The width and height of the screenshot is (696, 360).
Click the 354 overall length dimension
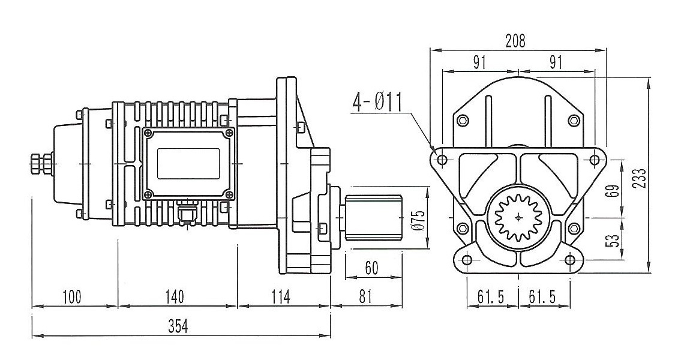[x=178, y=326]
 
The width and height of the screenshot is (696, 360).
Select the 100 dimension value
[x=71, y=296]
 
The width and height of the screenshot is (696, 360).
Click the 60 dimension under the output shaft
[x=371, y=268]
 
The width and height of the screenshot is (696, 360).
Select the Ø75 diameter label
[x=419, y=220]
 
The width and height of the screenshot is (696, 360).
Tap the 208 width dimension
[x=515, y=41]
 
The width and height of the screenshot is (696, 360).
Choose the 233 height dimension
[x=641, y=178]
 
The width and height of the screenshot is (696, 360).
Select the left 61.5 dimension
[x=490, y=296]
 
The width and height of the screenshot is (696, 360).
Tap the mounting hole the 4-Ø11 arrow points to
[x=442, y=160]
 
